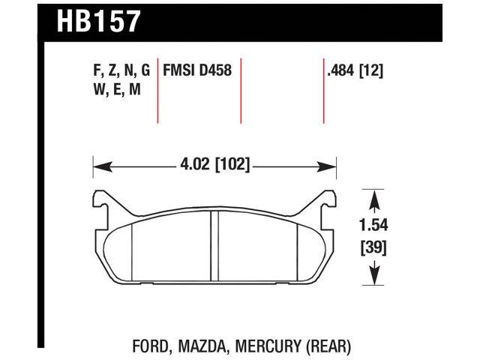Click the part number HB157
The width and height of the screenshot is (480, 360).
coord(97,20)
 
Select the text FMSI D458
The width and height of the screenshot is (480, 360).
coord(196,71)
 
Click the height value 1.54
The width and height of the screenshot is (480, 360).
coord(373,223)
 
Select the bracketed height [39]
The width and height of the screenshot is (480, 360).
coord(373,247)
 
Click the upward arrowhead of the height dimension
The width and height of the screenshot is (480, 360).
coord(373,196)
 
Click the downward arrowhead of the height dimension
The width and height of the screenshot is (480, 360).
coord(373,279)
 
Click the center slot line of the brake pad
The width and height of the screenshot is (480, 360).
coord(212,247)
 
